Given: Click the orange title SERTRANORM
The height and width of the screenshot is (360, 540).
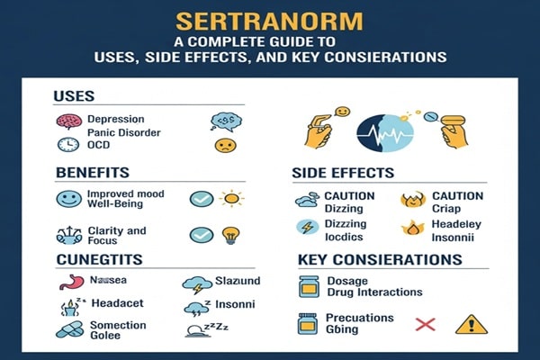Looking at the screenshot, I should [269, 20].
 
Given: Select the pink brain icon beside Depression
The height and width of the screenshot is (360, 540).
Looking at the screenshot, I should [68, 121].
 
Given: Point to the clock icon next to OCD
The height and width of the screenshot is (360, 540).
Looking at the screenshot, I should [68, 144].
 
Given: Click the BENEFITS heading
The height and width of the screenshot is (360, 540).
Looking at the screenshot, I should [92, 171].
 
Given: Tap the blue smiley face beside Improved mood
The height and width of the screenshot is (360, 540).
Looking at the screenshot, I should [68, 199].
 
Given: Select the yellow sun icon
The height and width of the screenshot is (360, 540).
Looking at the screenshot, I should [232, 197].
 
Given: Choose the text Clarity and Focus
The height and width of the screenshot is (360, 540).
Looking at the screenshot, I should [117, 236].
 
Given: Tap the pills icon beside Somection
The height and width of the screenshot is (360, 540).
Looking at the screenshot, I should [68, 329].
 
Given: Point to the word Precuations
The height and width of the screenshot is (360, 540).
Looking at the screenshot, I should [359, 318].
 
